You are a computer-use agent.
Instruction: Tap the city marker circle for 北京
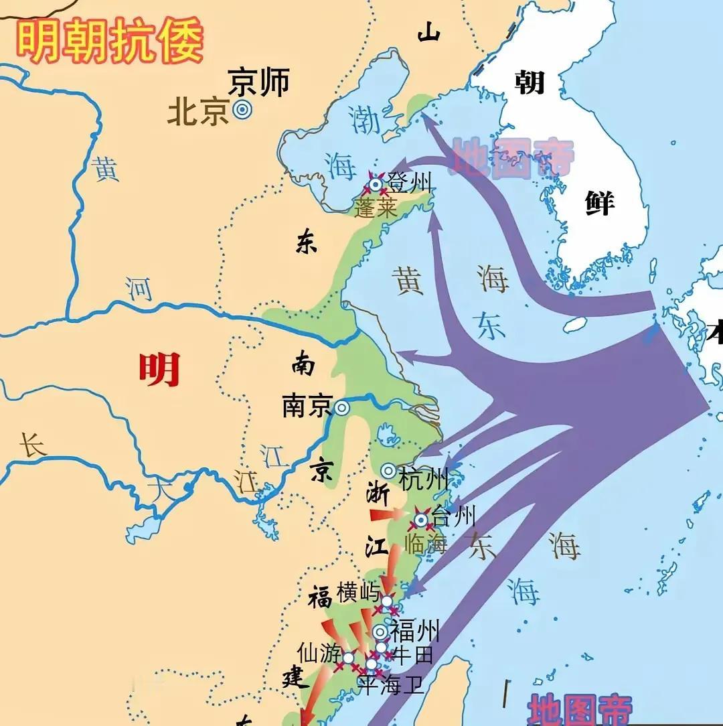click(x=242, y=111)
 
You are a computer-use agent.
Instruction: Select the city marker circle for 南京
click(x=342, y=407)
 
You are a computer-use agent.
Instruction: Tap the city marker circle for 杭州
click(x=389, y=471)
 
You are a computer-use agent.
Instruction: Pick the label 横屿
click(x=358, y=592)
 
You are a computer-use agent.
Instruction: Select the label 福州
click(x=415, y=631)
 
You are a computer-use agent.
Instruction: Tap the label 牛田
click(x=412, y=654)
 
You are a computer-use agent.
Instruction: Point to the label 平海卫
click(x=390, y=684)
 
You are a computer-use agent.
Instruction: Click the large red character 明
click(x=159, y=369)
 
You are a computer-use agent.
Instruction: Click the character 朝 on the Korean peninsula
click(x=529, y=82)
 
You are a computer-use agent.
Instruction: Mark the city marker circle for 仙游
click(x=348, y=658)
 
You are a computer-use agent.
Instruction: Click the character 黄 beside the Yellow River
click(x=106, y=169)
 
